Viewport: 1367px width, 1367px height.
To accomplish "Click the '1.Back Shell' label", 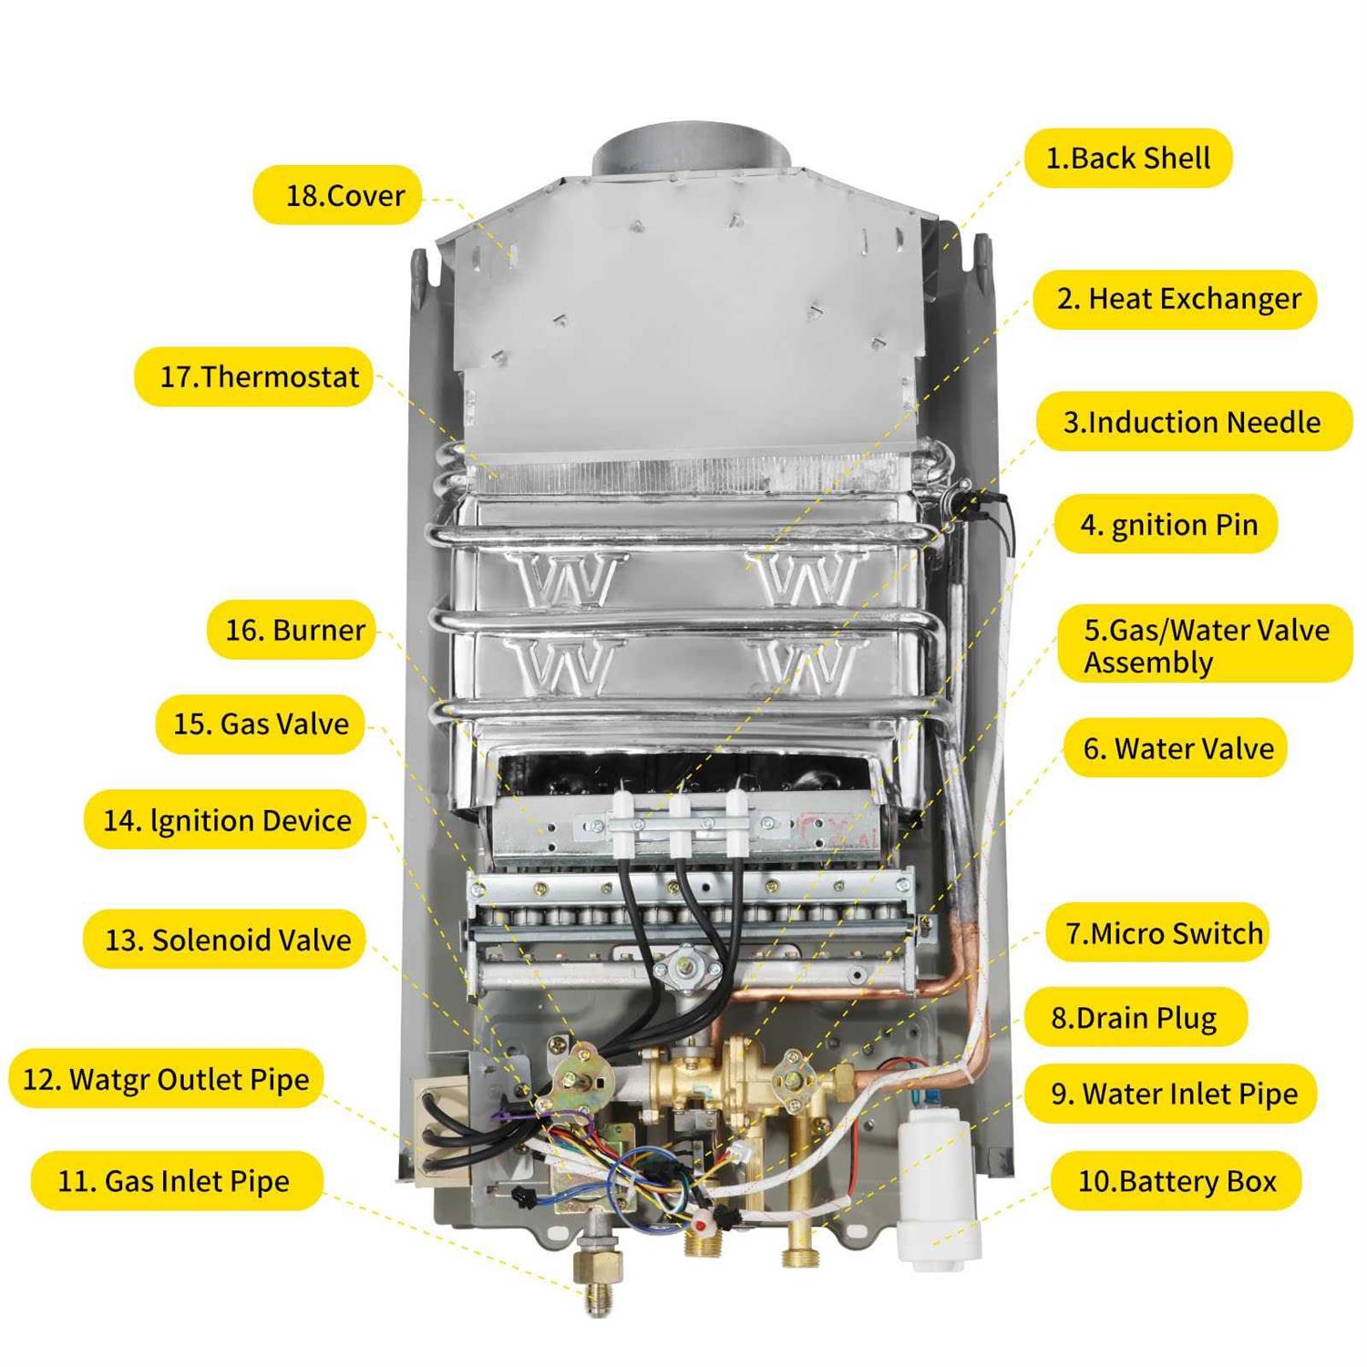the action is point(1128,159).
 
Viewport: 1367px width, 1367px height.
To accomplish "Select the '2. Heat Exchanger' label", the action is point(1176,299).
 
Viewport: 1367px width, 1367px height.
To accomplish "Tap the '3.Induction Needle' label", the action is point(1194,422).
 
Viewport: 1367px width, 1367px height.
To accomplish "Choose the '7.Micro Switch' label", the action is point(1158,933).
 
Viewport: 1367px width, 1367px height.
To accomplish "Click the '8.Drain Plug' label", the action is point(1135,1017).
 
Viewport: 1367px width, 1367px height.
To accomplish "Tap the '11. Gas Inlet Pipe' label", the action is point(177,1181).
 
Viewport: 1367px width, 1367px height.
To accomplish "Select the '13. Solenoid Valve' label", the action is point(224,940).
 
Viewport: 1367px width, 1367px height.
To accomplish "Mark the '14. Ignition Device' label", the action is point(225,820).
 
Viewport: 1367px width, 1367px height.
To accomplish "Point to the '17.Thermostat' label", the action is point(254,376).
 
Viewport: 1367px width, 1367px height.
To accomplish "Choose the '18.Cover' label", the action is point(337,195).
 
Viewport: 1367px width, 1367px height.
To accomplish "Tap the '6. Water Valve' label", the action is point(1176,748).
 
